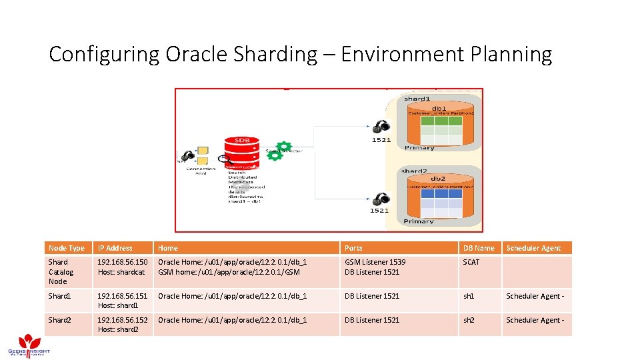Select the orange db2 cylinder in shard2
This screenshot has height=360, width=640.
coord(438,197)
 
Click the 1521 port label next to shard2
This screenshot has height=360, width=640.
coord(379,211)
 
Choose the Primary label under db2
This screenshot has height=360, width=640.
coord(419,221)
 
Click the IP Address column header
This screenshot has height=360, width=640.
coord(115,248)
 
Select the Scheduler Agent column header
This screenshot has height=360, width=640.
coord(533,248)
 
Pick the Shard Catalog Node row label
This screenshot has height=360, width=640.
coord(62,271)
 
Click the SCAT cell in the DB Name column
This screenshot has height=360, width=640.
coord(471,262)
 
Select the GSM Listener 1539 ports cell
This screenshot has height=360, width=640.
coord(375,262)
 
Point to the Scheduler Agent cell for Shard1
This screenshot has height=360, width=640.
coord(535,296)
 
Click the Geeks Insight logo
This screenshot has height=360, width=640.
coord(27,343)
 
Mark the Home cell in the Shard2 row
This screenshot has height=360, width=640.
coord(232,320)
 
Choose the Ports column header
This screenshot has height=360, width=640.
coord(353,248)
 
